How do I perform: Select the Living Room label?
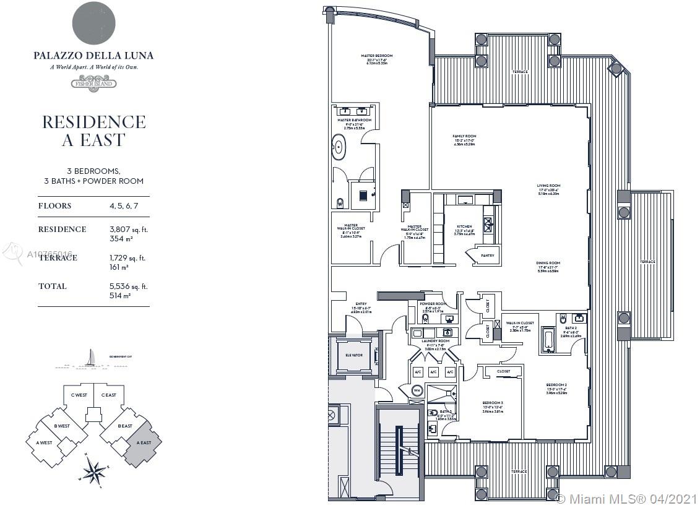point(548,186)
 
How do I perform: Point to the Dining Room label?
point(548,263)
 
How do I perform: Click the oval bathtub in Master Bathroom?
point(339,147)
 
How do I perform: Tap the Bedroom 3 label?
point(492,403)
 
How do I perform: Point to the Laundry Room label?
point(436,341)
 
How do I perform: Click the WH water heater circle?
point(417,390)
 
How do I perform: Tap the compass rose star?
point(93,471)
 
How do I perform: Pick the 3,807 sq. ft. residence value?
point(128,229)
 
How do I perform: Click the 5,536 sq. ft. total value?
point(127,286)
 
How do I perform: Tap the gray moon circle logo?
point(93,23)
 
